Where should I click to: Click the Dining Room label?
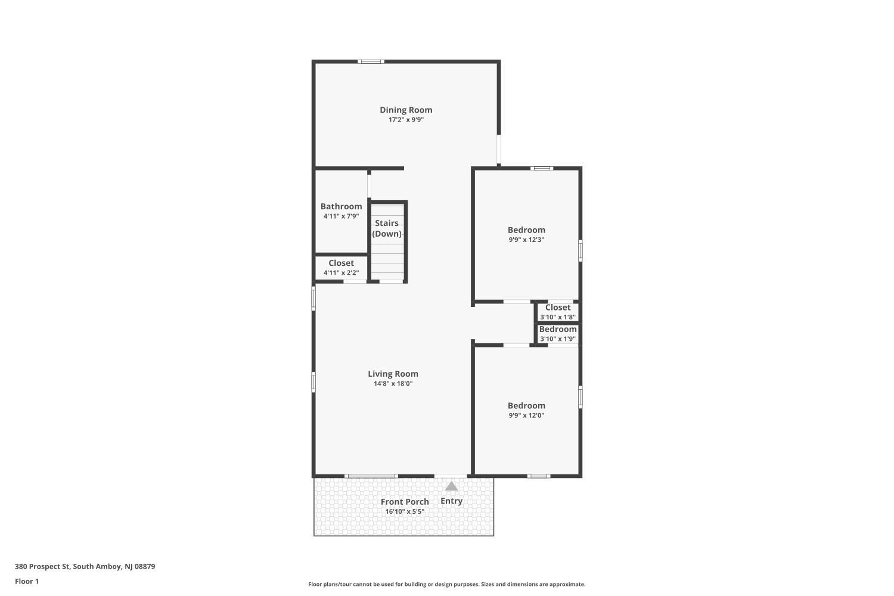point(406,110)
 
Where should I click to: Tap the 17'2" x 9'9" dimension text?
point(406,120)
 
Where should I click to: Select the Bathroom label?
point(341,206)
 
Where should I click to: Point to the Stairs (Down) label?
point(387,228)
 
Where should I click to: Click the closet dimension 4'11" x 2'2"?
point(341,273)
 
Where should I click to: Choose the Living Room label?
point(393,374)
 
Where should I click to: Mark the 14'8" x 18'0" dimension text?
point(393,384)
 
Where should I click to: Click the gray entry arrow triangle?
point(451,486)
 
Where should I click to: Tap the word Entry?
point(451,501)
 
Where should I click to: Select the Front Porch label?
point(405,501)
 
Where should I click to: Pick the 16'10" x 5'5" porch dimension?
point(405,511)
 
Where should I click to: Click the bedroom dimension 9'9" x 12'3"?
point(526,240)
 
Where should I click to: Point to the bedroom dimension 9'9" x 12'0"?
point(526,415)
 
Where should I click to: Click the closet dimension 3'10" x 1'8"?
point(557,317)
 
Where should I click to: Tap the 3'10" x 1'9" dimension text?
point(557,339)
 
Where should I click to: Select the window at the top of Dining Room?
point(371,61)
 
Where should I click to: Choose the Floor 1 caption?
point(27,581)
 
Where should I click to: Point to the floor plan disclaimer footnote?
point(446,584)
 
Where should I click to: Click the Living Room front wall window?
point(371,476)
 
